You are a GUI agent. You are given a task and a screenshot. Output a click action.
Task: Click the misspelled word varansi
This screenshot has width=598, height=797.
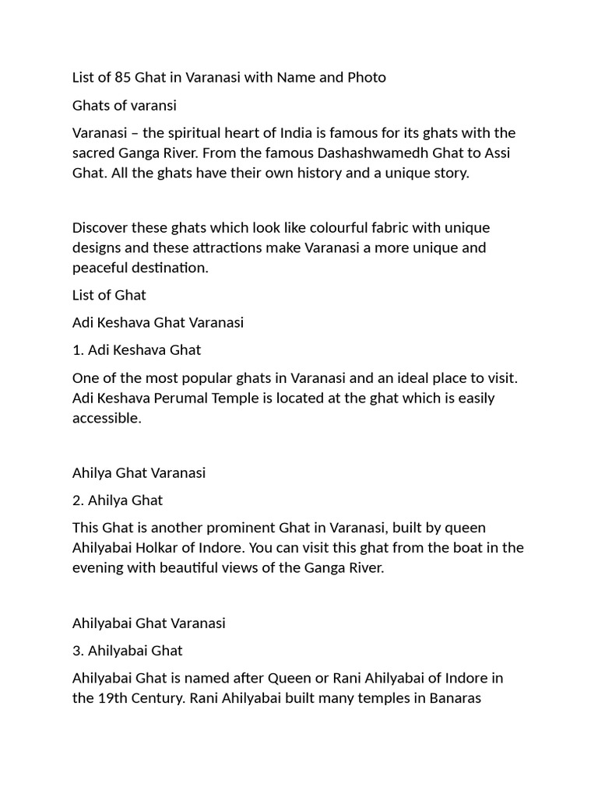(x=151, y=105)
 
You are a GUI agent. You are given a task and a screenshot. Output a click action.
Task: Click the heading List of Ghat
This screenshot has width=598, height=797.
(x=109, y=295)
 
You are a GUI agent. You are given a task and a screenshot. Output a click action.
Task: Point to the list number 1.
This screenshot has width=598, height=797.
(x=77, y=349)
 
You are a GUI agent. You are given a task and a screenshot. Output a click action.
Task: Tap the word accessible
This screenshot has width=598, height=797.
(x=107, y=418)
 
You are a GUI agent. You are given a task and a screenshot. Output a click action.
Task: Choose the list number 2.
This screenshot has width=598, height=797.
(x=78, y=500)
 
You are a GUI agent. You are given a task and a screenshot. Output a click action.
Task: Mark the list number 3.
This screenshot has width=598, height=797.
(x=78, y=650)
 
